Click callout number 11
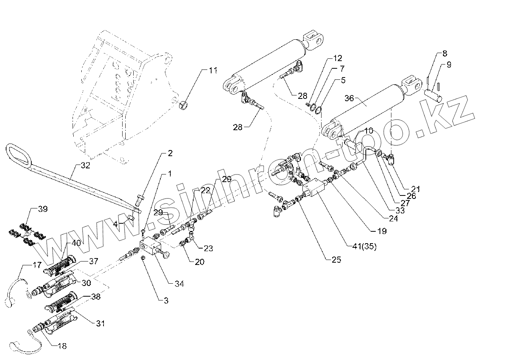(x=213, y=71)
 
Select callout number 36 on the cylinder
(x=349, y=98)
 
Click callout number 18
(x=62, y=346)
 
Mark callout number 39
(x=43, y=209)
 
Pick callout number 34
(x=179, y=284)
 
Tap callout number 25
(x=336, y=260)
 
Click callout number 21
(x=415, y=189)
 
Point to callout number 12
(x=338, y=58)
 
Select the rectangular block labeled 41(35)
(x=314, y=189)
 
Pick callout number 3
(x=165, y=300)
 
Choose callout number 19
(x=381, y=231)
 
